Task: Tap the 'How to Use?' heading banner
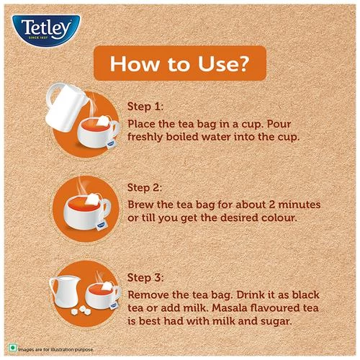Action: click(179, 65)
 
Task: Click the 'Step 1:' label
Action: click(146, 106)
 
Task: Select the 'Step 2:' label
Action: click(146, 186)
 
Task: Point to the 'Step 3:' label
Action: click(146, 277)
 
